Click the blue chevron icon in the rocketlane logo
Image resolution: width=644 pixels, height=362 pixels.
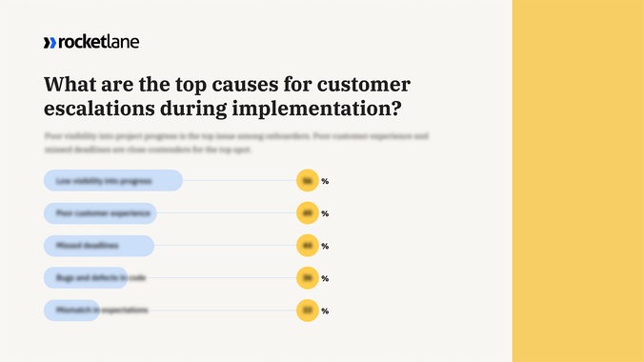[50, 42]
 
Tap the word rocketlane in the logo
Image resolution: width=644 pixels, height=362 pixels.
[98, 42]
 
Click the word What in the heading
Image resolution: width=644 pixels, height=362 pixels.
[71, 84]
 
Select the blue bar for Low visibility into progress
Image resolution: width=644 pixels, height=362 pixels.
[112, 180]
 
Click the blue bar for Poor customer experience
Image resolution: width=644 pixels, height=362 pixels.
[100, 212]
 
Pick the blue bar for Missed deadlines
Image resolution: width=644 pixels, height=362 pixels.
[98, 246]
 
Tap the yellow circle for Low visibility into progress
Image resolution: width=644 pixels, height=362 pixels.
[307, 180]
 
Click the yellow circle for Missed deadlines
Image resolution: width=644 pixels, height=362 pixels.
[307, 246]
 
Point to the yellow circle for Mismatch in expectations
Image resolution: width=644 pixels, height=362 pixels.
[307, 311]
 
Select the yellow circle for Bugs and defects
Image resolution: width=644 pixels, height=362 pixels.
[307, 278]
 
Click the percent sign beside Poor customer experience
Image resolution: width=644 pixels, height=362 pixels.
[325, 213]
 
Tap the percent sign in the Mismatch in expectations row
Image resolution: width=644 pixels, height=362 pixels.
[325, 311]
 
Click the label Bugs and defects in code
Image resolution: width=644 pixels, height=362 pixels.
[100, 278]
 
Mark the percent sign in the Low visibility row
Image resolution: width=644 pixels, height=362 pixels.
[325, 181]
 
